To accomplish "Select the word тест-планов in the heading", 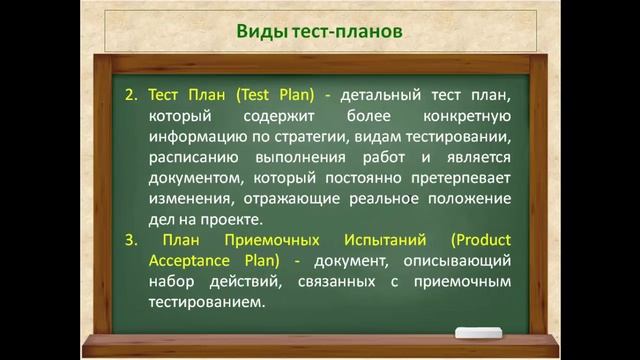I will (x=348, y=31).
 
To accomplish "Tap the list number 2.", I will (x=131, y=95).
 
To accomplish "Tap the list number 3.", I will (x=131, y=241).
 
